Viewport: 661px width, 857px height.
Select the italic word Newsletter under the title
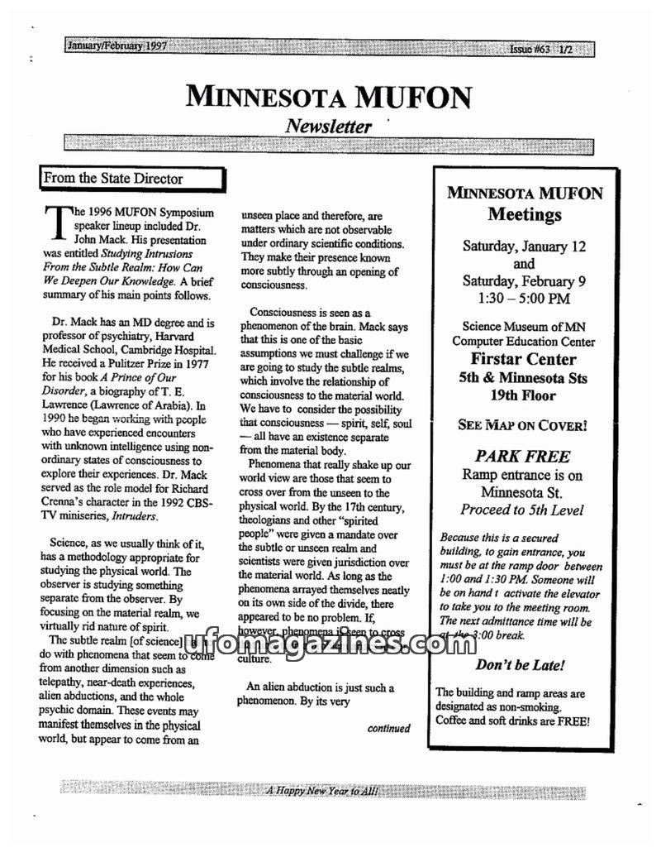tap(328, 127)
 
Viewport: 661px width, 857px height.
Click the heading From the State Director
tap(113, 178)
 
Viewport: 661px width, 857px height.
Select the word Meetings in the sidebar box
tap(524, 215)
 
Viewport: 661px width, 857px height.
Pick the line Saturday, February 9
tap(524, 281)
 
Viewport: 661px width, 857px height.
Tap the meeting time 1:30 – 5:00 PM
tap(524, 299)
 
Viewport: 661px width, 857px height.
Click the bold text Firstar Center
tap(524, 359)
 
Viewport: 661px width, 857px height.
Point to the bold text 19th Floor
tap(524, 395)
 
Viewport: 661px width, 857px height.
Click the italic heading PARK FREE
tap(522, 456)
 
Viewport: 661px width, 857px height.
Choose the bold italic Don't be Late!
tap(521, 665)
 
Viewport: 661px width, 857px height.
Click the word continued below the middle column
tap(388, 729)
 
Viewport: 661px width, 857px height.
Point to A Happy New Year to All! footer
tap(322, 791)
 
